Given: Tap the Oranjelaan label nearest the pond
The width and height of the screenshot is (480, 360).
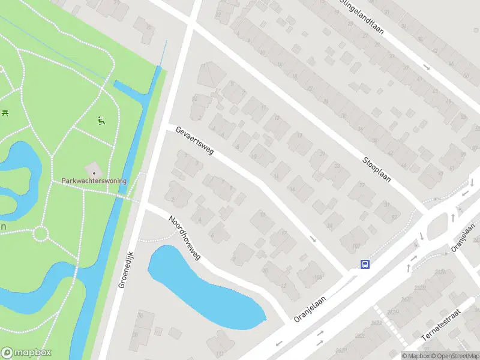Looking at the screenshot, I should tap(310, 307).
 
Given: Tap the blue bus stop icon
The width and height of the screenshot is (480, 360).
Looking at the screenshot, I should tap(364, 264).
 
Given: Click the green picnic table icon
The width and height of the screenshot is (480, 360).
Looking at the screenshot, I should tap(5, 112).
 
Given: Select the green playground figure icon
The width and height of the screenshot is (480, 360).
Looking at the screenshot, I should tap(101, 120).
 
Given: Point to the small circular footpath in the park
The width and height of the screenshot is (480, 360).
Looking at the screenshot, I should tap(41, 233).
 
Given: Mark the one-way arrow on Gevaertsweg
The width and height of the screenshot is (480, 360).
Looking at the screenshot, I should tap(313, 239).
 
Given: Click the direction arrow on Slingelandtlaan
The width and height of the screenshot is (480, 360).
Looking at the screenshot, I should tap(426, 67).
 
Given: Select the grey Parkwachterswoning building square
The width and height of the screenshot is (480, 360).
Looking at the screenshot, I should tap(94, 169).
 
